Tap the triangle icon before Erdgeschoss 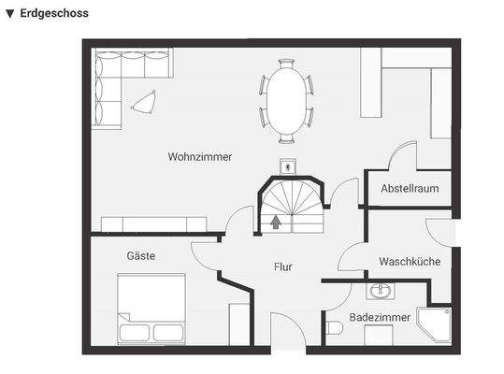9,13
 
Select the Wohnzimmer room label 200,156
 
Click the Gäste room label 141,255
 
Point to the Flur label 282,266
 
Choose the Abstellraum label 410,189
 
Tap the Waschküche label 410,262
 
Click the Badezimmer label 380,318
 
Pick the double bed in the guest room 151,309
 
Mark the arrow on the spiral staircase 276,222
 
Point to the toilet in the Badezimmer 334,327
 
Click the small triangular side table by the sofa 144,101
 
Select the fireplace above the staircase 289,168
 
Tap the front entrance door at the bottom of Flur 287,332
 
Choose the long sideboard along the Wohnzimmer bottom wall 153,223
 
